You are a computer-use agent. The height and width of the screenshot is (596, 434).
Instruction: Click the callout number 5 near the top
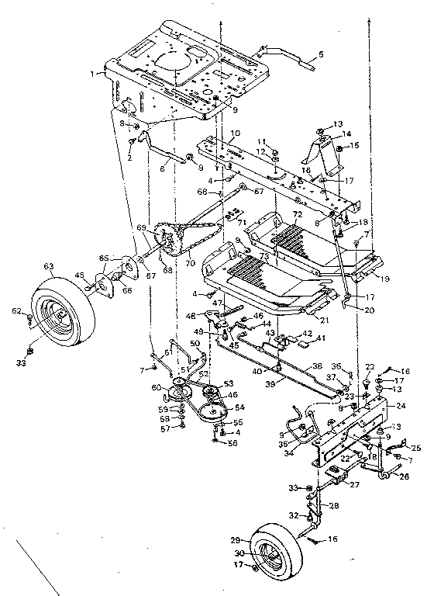point(321,55)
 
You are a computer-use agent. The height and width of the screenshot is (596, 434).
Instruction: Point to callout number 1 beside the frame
point(95,74)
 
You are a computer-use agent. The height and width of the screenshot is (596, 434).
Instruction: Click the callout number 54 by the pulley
point(239,407)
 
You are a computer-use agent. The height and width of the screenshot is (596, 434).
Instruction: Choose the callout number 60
point(156,387)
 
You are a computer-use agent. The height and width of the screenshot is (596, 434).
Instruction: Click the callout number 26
point(405,477)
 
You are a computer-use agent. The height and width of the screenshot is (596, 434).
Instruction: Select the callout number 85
point(104,258)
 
